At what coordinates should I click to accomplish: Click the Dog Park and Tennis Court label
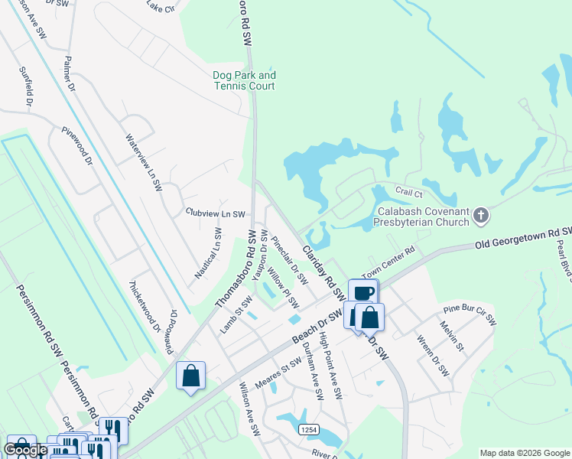click(244, 81)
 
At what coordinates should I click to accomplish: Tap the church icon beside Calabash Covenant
click(481, 216)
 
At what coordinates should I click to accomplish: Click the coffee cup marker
click(363, 293)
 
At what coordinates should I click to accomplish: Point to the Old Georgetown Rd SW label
click(523, 238)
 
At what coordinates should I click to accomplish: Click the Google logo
click(25, 451)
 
